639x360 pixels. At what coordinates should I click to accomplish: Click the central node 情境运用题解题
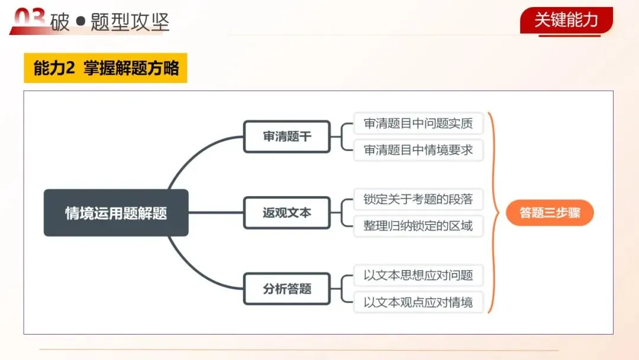(116, 213)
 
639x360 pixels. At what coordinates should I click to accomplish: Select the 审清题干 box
(286, 137)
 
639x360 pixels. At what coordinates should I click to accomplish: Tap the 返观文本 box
(286, 213)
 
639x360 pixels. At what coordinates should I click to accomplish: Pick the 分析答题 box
(286, 289)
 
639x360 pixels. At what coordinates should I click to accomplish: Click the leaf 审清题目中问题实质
(418, 124)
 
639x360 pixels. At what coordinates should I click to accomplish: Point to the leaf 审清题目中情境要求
(418, 150)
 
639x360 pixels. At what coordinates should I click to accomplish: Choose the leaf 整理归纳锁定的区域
(418, 226)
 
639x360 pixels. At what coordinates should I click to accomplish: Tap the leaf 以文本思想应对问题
(418, 275)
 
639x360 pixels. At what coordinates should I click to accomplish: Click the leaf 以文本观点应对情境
(418, 302)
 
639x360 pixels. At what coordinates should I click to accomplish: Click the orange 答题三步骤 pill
(550, 213)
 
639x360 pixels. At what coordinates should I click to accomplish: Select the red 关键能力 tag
(566, 20)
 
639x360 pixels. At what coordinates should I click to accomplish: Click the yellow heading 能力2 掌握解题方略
(105, 69)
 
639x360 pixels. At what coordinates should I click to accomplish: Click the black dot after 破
(81, 22)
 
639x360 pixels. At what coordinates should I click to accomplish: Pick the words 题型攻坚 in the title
(130, 22)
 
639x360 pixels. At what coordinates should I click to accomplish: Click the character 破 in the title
(60, 22)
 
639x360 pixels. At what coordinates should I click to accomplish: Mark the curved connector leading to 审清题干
(189, 157)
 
